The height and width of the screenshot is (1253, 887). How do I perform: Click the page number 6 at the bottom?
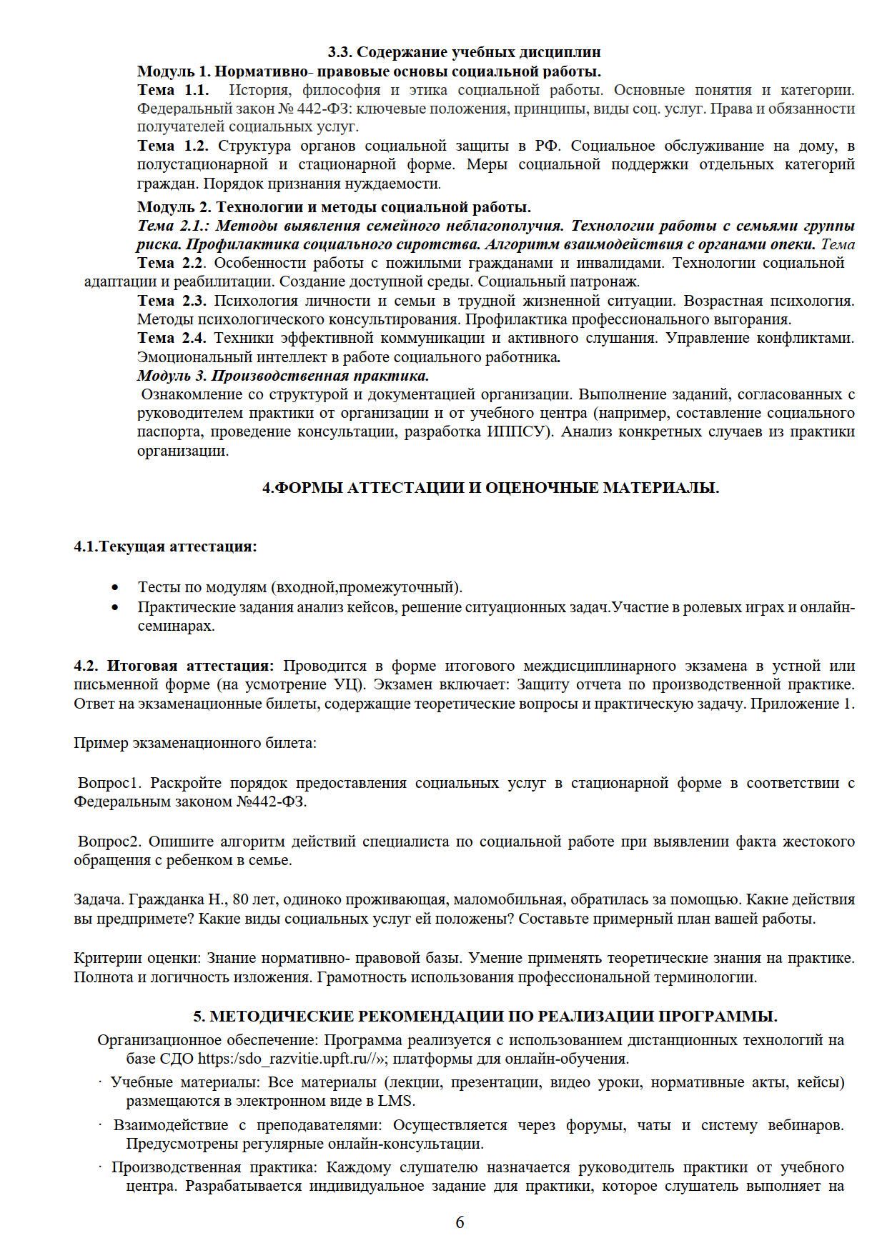[x=460, y=1222]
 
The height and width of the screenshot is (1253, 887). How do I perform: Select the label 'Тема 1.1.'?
[x=173, y=90]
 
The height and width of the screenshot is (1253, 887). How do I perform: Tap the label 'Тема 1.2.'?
[x=173, y=146]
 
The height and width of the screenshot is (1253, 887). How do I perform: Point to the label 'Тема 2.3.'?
[x=172, y=300]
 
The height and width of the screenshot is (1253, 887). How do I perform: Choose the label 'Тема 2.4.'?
[x=172, y=337]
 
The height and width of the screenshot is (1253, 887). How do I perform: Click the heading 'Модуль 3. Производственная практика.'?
[x=283, y=375]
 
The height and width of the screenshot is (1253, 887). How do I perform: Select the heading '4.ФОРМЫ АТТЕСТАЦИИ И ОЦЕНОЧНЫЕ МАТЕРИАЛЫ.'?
[x=490, y=488]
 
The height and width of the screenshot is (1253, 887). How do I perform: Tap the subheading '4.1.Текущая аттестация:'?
[x=165, y=546]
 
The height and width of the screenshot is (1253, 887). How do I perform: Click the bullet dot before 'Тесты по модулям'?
[x=115, y=588]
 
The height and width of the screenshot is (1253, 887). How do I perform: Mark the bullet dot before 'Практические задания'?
[x=115, y=608]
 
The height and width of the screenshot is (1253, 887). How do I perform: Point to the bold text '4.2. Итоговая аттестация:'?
[x=174, y=666]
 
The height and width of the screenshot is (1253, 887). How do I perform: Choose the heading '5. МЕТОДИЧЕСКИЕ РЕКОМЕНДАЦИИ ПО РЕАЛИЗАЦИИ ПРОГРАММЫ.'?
[x=485, y=1017]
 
